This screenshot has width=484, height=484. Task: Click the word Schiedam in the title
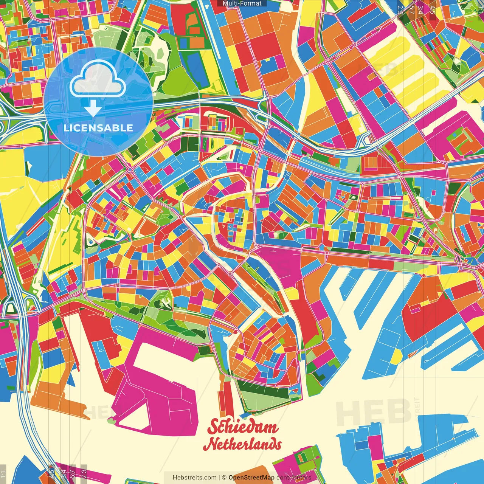(242, 427)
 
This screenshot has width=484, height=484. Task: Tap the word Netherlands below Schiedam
(242, 444)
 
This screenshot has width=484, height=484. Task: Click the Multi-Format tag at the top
(242, 3)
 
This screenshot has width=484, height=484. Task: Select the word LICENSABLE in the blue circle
(98, 128)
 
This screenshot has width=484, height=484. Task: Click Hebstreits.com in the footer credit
(194, 478)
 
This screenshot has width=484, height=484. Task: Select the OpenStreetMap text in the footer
(251, 478)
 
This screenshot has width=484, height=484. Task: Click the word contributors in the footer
(294, 478)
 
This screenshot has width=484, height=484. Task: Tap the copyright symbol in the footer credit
(224, 478)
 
